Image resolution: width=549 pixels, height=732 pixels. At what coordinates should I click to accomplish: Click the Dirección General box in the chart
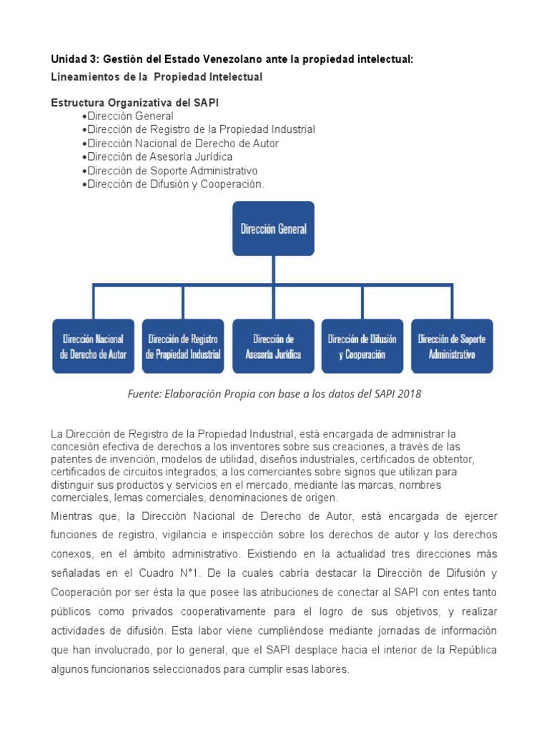[x=273, y=229]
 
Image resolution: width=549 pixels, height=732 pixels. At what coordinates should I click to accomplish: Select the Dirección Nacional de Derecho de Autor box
[x=93, y=346]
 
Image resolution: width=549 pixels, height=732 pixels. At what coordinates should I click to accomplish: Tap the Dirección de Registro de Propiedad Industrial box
[x=183, y=346]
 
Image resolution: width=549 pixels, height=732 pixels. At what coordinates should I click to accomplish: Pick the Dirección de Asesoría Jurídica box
[x=273, y=346]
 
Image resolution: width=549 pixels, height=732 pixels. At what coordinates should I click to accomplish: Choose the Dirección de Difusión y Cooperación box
[x=362, y=346]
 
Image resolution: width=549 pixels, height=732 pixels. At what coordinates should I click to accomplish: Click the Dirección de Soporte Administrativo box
[x=452, y=346]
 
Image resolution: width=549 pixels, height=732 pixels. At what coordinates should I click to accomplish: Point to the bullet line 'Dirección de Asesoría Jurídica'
[x=159, y=157]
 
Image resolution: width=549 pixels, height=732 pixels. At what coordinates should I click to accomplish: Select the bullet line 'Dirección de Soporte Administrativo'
[x=172, y=171]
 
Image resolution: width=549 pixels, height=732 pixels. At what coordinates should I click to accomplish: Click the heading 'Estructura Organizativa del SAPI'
[x=135, y=103]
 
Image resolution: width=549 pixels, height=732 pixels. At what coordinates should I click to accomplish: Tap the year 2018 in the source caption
[x=409, y=394]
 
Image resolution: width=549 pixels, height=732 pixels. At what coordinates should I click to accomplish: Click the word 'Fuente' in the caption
[x=145, y=394]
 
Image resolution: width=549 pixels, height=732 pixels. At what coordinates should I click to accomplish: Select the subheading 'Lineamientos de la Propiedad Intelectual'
[x=157, y=76]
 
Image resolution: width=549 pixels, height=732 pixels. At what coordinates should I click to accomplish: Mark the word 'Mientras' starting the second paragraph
[x=72, y=515]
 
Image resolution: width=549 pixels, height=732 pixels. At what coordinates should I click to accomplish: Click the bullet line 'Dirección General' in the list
[x=129, y=116]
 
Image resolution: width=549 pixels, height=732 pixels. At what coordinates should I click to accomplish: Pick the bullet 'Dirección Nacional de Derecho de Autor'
[x=182, y=143]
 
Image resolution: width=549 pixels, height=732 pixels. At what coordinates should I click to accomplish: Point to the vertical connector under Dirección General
[x=273, y=270]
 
